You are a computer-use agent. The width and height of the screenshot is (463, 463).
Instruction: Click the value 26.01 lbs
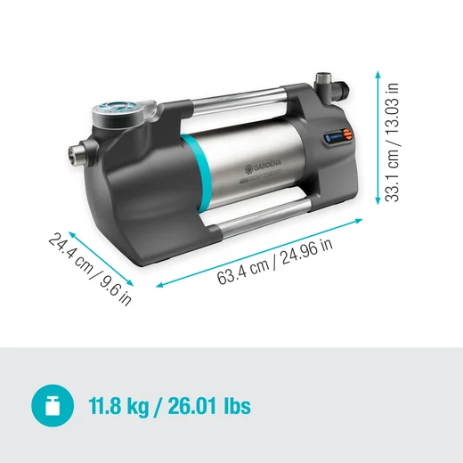[x=211, y=408]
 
